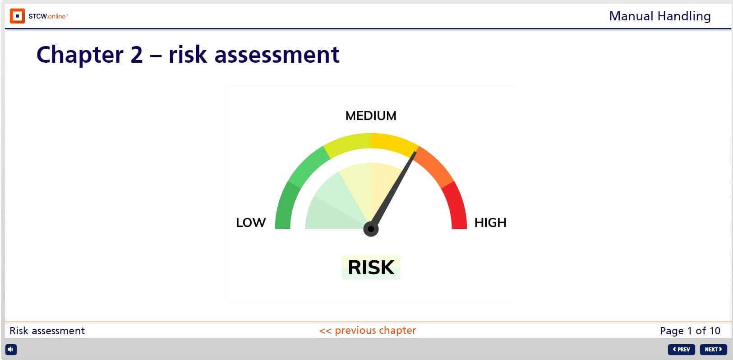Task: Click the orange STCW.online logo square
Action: click(17, 16)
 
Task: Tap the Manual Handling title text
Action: click(659, 16)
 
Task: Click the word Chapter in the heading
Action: click(80, 55)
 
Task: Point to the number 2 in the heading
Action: click(137, 55)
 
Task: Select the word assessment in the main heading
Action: click(277, 55)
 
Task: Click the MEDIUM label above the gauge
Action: click(371, 116)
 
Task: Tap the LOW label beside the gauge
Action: click(251, 222)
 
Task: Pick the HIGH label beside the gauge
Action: click(490, 222)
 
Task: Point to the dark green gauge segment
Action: click(284, 206)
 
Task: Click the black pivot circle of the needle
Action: click(371, 229)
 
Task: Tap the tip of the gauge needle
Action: click(415, 152)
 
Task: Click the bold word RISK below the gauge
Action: click(371, 268)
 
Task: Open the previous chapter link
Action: click(368, 331)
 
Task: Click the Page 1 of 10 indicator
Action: click(690, 331)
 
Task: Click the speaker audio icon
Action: click(11, 350)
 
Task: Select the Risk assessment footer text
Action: click(47, 331)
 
